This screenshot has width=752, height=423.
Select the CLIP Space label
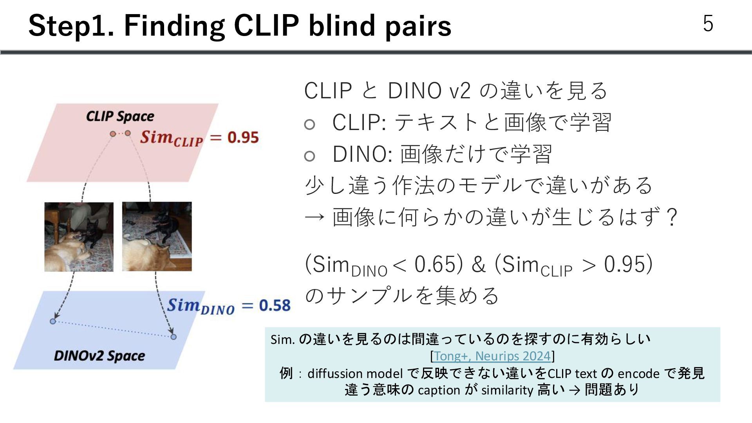point(120,116)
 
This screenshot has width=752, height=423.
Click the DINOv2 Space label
point(99,356)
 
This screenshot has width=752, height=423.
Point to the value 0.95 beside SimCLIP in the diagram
point(243,137)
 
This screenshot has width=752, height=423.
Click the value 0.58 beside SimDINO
point(275,305)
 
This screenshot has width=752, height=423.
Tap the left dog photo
point(79,237)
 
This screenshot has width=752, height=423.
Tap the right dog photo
point(157,237)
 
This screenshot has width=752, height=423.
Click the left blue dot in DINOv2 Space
point(53,322)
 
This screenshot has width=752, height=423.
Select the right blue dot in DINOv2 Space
point(174,337)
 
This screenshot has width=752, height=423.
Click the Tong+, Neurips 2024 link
point(492,356)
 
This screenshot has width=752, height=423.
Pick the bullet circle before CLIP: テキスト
point(309,125)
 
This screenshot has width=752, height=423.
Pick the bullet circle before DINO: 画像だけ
point(309,156)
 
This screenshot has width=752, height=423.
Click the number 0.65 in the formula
point(435,264)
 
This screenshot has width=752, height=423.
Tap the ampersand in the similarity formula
point(479,264)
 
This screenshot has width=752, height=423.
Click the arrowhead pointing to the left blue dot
point(56,316)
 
